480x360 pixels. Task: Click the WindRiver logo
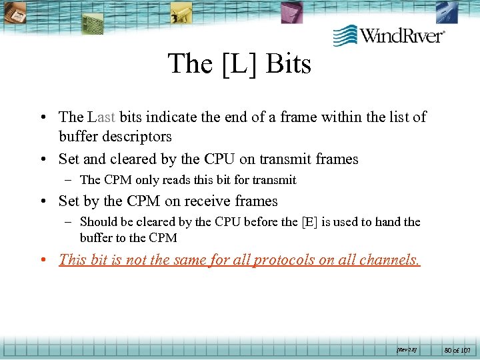(389, 35)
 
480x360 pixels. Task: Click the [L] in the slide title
(239, 64)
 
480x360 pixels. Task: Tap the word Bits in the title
(289, 64)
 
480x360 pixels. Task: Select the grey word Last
(101, 117)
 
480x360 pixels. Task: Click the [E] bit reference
(309, 222)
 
